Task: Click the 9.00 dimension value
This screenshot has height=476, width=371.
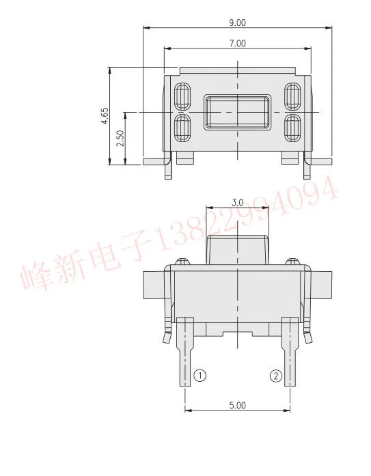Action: pyautogui.click(x=237, y=23)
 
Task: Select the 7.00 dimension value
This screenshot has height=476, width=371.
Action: pyautogui.click(x=237, y=44)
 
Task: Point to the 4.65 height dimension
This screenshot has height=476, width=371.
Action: pyautogui.click(x=105, y=115)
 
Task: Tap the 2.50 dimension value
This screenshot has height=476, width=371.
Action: pyautogui.click(x=120, y=138)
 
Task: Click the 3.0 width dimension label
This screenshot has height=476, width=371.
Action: pyautogui.click(x=237, y=202)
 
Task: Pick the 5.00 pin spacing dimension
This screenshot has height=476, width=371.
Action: pyautogui.click(x=237, y=405)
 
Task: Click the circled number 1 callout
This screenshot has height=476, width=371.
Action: pyautogui.click(x=200, y=376)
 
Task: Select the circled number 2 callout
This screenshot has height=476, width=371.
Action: pyautogui.click(x=275, y=376)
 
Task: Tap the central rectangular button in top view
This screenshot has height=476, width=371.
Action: pyautogui.click(x=237, y=112)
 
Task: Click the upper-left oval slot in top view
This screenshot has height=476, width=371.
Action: pyautogui.click(x=182, y=96)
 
